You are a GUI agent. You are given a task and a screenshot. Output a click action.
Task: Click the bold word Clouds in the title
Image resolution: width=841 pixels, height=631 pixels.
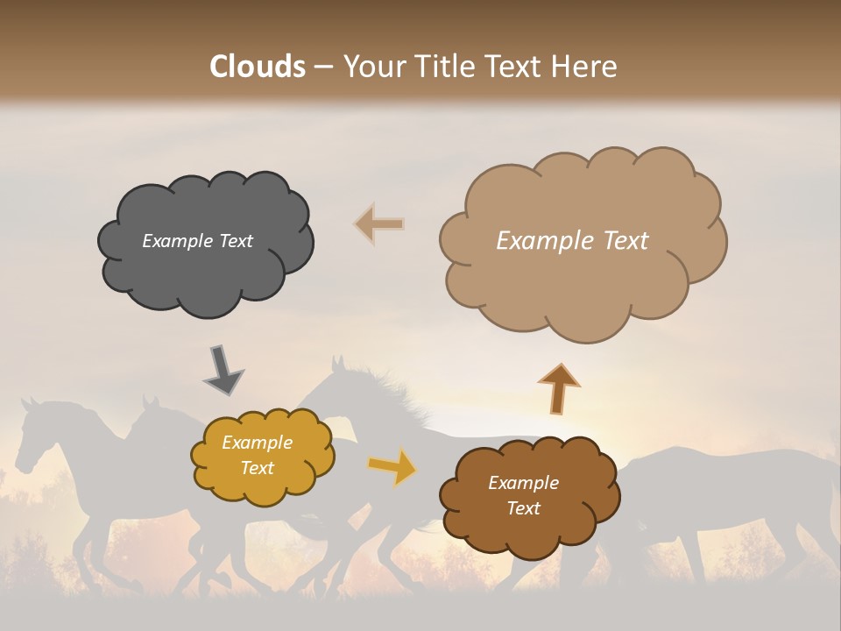pos(258,67)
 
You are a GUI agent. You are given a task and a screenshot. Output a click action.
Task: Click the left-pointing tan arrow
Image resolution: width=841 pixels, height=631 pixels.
pos(379,223)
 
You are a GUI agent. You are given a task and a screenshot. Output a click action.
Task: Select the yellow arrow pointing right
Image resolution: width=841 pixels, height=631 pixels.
pos(392,467)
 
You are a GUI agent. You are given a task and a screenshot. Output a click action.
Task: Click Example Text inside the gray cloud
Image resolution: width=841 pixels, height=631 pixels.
pos(197,241)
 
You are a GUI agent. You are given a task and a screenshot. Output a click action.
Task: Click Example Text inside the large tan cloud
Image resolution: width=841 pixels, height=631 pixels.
pos(572,241)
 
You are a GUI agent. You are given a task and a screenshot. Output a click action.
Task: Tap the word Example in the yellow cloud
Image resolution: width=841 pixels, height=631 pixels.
pos(257,443)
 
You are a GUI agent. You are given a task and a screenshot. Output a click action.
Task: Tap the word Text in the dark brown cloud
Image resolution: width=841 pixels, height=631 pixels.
pos(523,508)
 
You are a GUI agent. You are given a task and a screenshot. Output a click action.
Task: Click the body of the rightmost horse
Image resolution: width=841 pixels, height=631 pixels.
pos(736,491)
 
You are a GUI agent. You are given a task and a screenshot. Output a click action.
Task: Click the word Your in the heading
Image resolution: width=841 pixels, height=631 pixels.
pos(372,67)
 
